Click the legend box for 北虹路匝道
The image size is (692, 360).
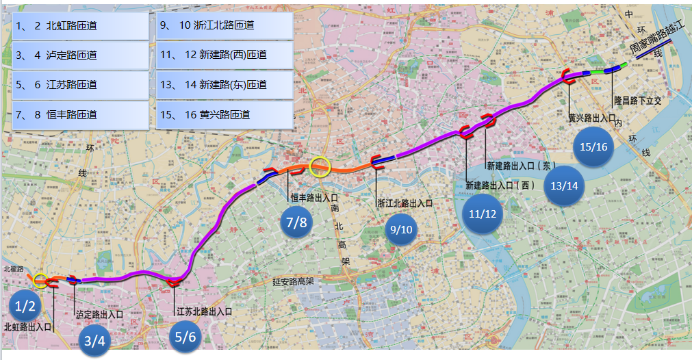pyautogui.click(x=80, y=25)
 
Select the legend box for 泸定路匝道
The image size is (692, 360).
pyautogui.click(x=80, y=55)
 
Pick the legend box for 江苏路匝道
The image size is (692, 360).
pyautogui.click(x=80, y=86)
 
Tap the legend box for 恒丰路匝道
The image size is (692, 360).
pyautogui.click(x=80, y=115)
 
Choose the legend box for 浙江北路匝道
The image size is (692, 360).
pyautogui.click(x=225, y=25)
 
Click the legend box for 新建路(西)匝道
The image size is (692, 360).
pyautogui.click(x=225, y=55)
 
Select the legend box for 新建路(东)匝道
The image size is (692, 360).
pyautogui.click(x=225, y=86)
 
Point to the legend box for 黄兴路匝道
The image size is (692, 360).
pyautogui.click(x=225, y=115)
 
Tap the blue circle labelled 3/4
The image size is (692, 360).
pyautogui.click(x=94, y=340)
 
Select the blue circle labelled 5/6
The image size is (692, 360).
pyautogui.click(x=185, y=337)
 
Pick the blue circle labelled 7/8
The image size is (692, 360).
pyautogui.click(x=297, y=222)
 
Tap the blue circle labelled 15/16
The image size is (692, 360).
pyautogui.click(x=593, y=147)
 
